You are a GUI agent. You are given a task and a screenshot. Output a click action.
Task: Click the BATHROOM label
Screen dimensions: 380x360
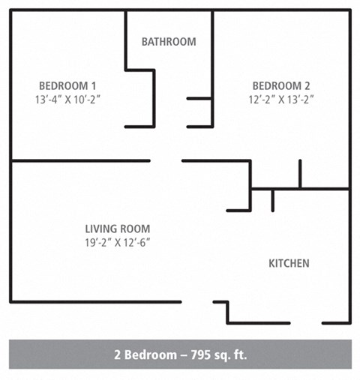169,42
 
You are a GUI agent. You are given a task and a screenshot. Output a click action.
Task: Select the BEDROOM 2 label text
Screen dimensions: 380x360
280,85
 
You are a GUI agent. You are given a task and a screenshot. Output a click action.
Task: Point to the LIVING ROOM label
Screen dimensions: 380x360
117,229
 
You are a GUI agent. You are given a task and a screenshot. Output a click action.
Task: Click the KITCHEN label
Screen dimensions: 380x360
289,264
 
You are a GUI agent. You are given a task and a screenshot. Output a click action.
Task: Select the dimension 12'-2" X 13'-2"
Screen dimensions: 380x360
280,99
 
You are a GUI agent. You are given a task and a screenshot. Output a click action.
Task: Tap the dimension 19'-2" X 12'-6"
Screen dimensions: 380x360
117,242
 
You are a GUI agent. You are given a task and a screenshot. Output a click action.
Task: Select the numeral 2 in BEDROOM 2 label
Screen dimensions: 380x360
307,85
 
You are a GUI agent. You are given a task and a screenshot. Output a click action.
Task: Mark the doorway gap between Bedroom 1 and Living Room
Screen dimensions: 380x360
166,160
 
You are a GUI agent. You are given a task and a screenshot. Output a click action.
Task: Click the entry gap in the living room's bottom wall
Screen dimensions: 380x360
197,302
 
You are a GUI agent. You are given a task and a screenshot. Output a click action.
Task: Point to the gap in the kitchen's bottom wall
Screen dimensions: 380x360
306,323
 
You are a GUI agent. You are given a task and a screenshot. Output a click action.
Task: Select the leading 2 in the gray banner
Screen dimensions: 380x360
117,355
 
